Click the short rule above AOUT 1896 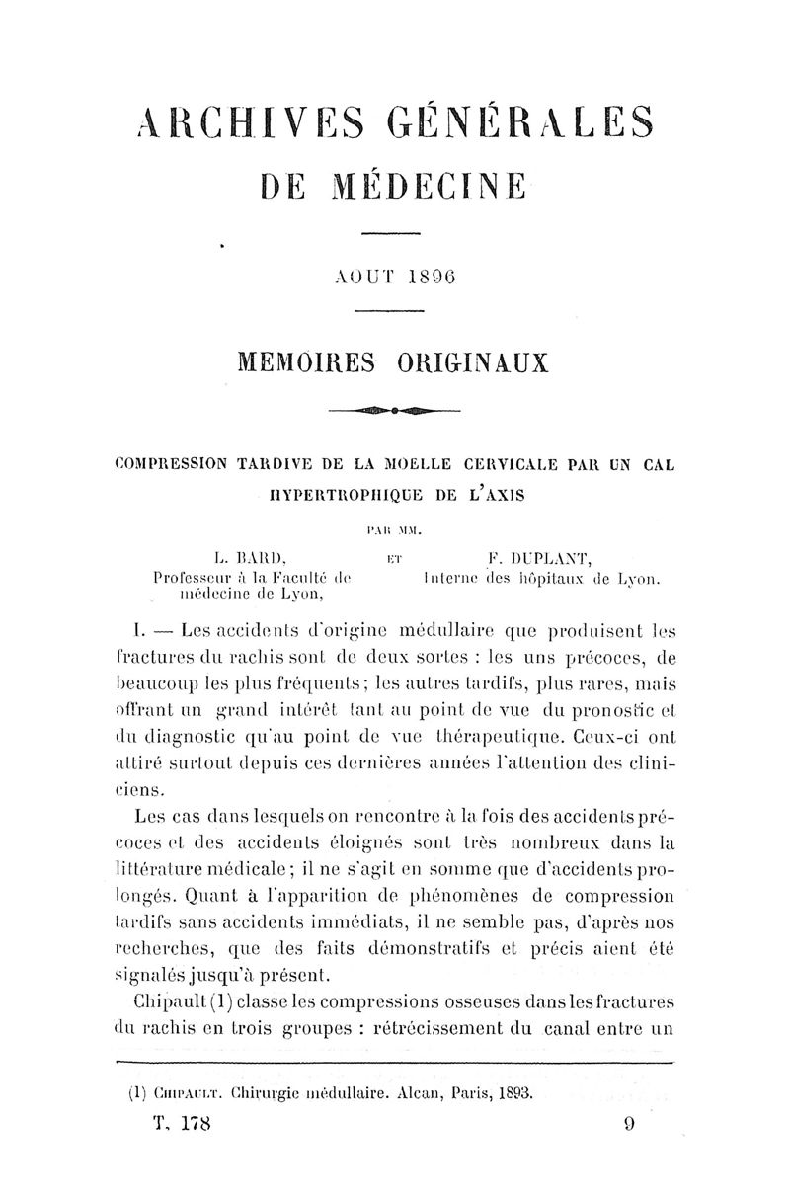390,234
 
